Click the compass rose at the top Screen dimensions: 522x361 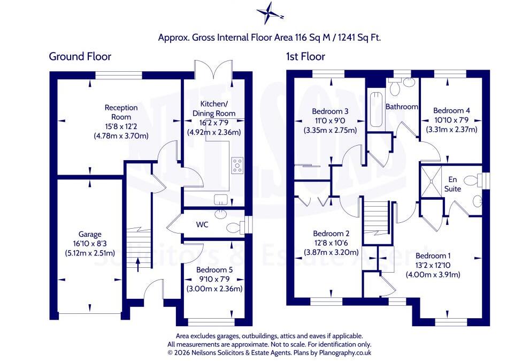(x=270, y=13)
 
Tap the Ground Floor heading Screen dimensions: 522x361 (x=80, y=56)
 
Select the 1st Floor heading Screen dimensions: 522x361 (x=305, y=56)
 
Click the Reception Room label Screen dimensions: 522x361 (x=121, y=112)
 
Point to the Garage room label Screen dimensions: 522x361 (x=90, y=235)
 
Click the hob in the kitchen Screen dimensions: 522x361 (x=237, y=166)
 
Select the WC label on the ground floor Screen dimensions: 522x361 (x=202, y=224)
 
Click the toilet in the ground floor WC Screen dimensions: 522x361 (x=235, y=228)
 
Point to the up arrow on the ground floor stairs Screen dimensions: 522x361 (x=138, y=265)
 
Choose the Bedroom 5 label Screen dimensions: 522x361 (x=214, y=270)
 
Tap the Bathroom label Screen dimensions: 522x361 (x=402, y=107)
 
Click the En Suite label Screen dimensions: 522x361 (x=453, y=184)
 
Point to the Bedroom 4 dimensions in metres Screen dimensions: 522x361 (x=452, y=129)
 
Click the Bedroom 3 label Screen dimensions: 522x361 (x=330, y=111)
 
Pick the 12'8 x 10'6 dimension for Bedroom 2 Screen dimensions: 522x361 (x=331, y=243)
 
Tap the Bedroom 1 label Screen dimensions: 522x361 (x=433, y=256)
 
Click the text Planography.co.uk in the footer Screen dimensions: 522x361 (x=345, y=352)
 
